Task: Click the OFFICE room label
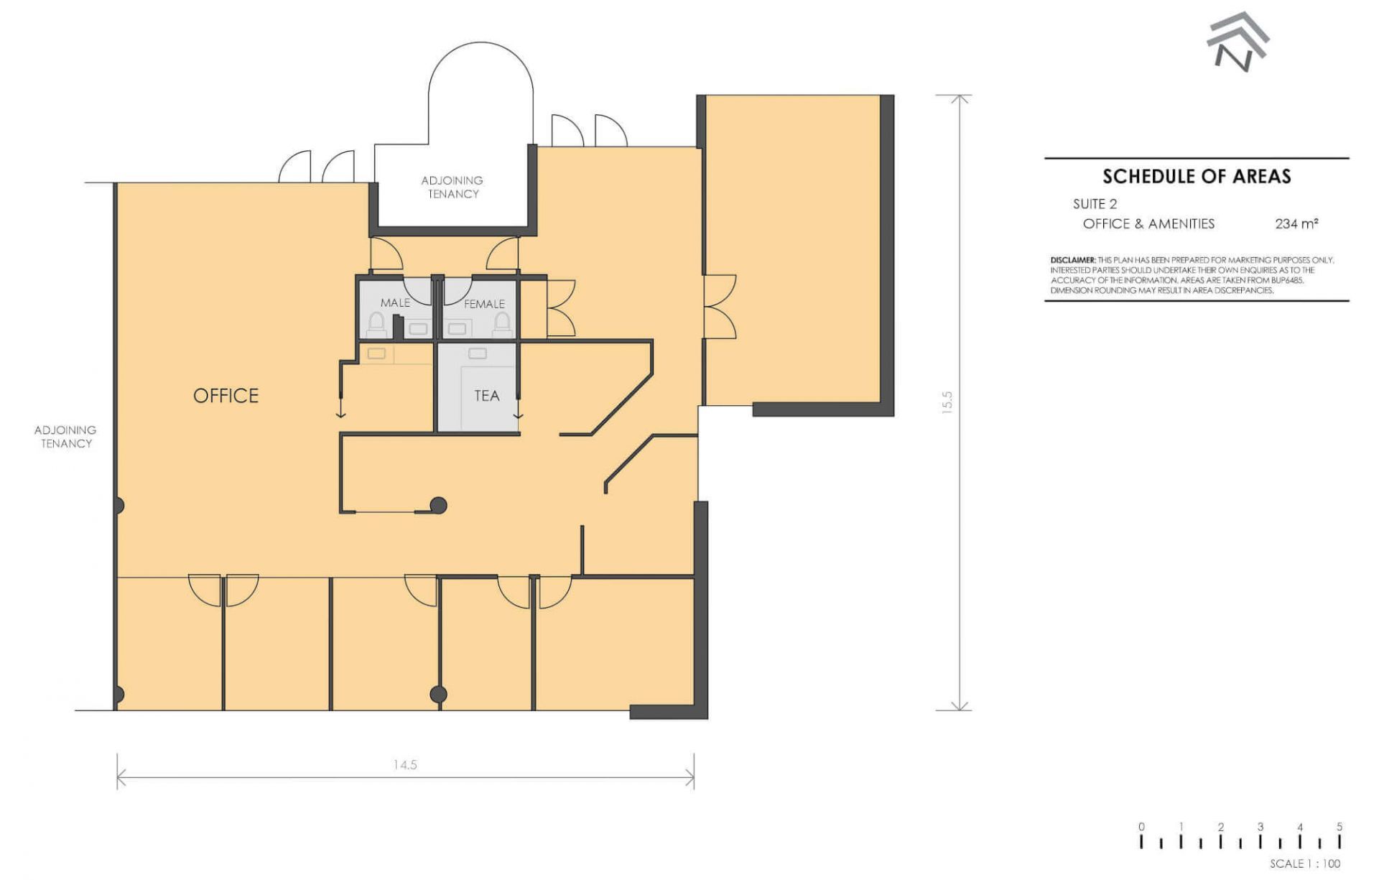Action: click(226, 396)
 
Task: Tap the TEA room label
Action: click(486, 396)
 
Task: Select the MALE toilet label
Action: click(395, 303)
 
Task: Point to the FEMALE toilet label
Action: click(484, 304)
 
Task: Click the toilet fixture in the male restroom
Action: click(376, 324)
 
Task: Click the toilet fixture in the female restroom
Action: click(502, 324)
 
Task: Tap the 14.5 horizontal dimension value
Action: click(405, 765)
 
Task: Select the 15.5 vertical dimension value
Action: click(947, 402)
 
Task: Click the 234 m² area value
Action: click(1296, 223)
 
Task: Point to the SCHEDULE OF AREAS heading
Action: click(1197, 176)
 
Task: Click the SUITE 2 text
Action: click(1095, 204)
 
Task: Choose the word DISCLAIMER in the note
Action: click(1073, 260)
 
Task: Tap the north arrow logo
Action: click(1237, 41)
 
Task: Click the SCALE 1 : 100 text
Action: click(1304, 863)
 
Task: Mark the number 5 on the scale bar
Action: click(1339, 827)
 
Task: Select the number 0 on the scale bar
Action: click(1141, 827)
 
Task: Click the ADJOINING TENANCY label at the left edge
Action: click(65, 437)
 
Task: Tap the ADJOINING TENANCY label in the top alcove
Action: click(452, 187)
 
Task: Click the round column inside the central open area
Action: click(438, 506)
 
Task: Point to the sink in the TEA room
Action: click(478, 353)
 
